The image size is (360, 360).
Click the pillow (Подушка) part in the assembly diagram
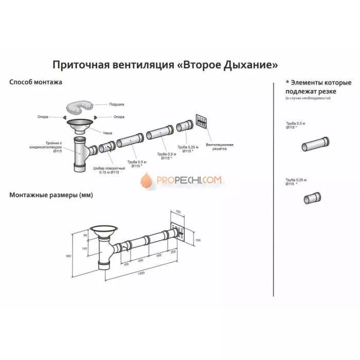click(80, 106)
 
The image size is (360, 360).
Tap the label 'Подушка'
click(117, 104)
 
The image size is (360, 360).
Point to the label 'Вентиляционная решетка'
click(220, 147)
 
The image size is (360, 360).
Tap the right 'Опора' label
click(119, 117)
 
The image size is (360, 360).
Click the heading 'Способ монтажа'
click(37, 82)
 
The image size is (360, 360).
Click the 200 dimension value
click(173, 253)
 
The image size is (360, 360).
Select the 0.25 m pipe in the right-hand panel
click(312, 197)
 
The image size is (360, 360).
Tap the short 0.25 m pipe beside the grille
click(184, 127)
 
